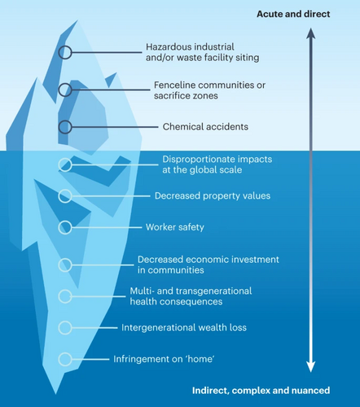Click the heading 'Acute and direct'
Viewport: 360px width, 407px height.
tap(293, 14)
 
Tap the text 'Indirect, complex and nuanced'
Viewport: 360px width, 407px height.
tap(261, 391)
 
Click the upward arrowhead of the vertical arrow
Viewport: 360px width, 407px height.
tap(311, 33)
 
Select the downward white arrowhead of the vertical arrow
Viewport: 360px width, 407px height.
tap(311, 367)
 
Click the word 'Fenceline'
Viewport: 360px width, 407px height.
tap(173, 85)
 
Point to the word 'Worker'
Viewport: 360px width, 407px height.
tap(160, 227)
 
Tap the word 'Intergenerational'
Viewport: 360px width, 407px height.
tap(159, 327)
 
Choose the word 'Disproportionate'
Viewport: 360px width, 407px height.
tap(195, 160)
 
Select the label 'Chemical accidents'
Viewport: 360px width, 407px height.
tap(205, 127)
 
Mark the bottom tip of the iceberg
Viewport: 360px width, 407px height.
tap(55, 394)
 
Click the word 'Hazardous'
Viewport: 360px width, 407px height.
tap(165, 47)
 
